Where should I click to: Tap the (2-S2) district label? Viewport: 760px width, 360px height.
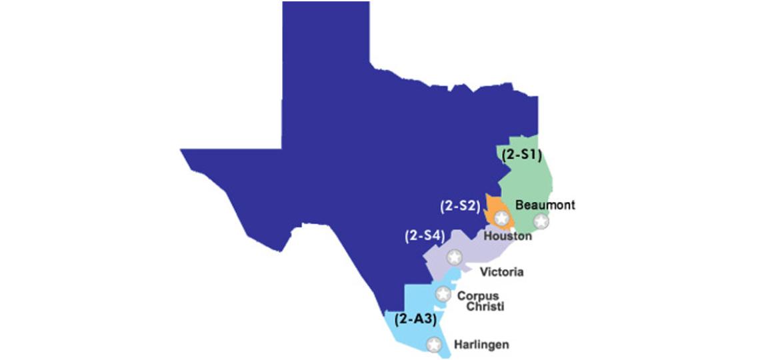(x=460, y=206)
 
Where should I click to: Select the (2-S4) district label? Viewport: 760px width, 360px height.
(x=425, y=235)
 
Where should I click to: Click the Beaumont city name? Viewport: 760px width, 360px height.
(x=545, y=205)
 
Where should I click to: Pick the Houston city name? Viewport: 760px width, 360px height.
(x=507, y=235)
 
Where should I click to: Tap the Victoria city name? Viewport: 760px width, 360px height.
(x=502, y=272)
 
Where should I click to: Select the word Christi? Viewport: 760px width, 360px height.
(x=485, y=307)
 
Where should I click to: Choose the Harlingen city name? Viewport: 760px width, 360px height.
(x=481, y=345)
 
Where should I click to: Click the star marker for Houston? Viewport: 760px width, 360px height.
(x=501, y=218)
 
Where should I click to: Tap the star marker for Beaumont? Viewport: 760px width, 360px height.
(x=541, y=221)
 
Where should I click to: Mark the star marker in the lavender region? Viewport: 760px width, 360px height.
(x=454, y=257)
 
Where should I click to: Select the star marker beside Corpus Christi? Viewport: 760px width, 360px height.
(x=443, y=293)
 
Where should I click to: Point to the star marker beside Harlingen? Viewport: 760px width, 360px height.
(x=434, y=345)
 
